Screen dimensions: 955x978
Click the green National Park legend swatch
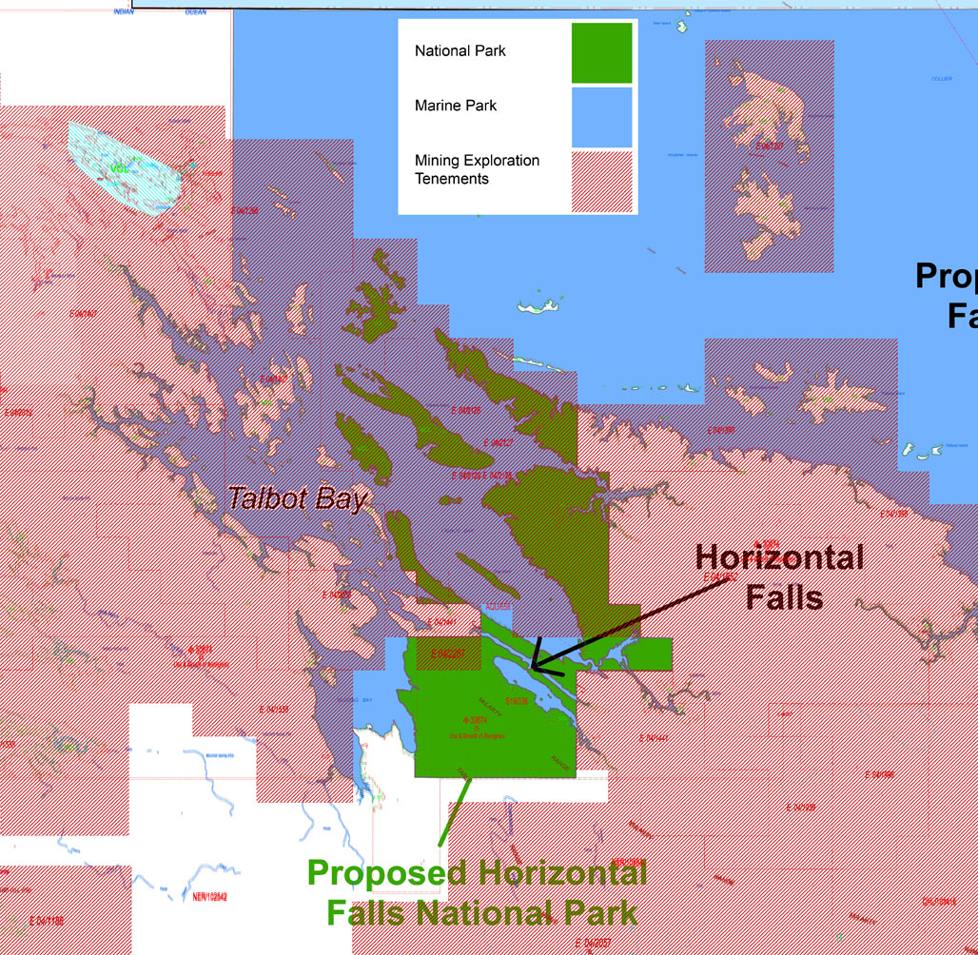[x=601, y=53]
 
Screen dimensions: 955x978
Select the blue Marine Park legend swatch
[x=601, y=117]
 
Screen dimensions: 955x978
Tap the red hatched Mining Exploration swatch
[x=601, y=182]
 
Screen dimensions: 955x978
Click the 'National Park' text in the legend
[x=460, y=50]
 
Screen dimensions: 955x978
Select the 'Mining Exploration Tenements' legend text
[x=477, y=169]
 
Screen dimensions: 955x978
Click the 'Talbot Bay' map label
[x=297, y=498]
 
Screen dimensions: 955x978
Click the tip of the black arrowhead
[x=533, y=667]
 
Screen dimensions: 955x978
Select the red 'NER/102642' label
[x=210, y=896]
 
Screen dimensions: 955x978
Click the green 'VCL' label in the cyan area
[x=117, y=168]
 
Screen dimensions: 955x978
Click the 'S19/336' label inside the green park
[x=517, y=702]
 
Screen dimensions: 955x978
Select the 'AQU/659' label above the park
[x=499, y=605]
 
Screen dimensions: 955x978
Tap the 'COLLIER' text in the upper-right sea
[x=941, y=79]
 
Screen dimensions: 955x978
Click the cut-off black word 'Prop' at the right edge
[x=946, y=277]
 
